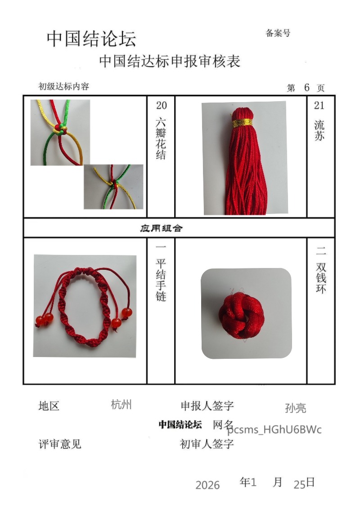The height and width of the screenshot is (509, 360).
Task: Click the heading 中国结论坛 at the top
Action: coord(91,39)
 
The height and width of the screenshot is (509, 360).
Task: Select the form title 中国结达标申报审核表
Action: coord(170,61)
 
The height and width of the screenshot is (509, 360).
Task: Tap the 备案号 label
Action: coord(278,33)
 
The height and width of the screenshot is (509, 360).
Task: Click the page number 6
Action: coord(307,87)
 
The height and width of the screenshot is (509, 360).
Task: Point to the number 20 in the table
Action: coord(162,106)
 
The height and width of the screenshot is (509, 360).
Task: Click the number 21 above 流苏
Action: coord(319,105)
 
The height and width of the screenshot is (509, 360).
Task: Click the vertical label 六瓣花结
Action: coord(161,138)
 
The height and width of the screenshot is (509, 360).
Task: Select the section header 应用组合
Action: coord(161,228)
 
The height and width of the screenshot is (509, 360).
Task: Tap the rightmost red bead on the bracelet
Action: coord(127,313)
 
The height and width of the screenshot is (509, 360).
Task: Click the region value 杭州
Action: coord(121,405)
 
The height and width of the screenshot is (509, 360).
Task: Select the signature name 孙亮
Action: coord(296,408)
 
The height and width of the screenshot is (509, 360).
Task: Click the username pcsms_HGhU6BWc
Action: coord(274,429)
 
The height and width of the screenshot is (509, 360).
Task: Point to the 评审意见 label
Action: coord(60,444)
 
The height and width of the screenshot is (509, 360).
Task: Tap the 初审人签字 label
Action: coord(207,444)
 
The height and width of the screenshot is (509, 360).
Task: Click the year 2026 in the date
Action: coord(207,485)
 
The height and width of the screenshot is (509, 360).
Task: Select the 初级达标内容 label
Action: coord(64,86)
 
